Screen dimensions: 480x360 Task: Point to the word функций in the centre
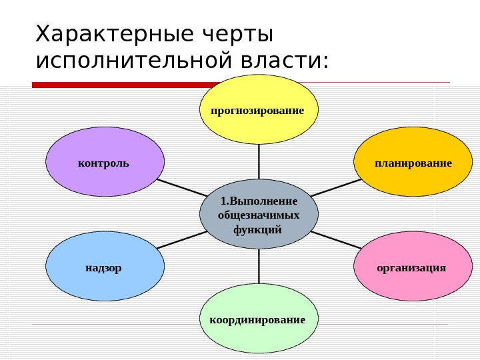pos(259,229)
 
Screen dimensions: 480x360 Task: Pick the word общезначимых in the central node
pos(259,215)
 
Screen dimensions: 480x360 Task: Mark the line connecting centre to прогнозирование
pos(259,161)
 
